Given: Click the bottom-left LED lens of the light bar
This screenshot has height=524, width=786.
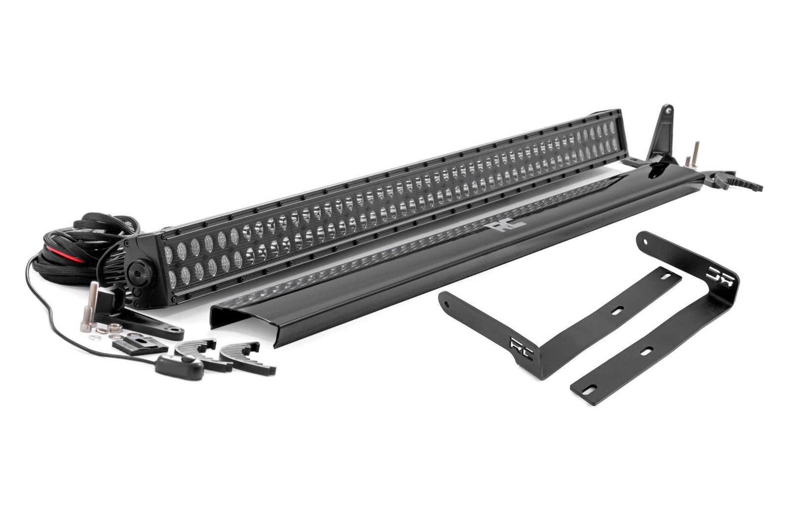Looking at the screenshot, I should tap(172, 279).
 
